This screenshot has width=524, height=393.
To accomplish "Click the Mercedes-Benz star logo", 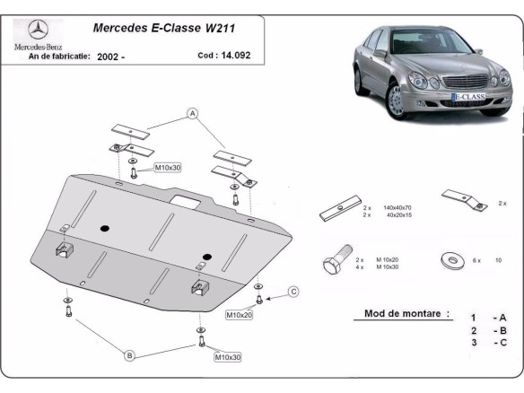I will pyautogui.click(x=35, y=29).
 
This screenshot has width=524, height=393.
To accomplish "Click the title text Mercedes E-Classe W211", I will pyautogui.click(x=164, y=28).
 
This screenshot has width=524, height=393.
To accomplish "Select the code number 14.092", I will pyautogui.click(x=231, y=56).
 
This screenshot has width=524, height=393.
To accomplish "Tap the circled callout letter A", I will pyautogui.click(x=191, y=113).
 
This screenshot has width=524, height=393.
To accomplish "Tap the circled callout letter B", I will pyautogui.click(x=129, y=356).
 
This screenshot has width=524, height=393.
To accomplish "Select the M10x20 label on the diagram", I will pyautogui.click(x=240, y=315).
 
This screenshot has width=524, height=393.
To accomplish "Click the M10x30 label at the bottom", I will pyautogui.click(x=227, y=357).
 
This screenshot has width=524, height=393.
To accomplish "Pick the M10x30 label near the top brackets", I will pyautogui.click(x=168, y=168).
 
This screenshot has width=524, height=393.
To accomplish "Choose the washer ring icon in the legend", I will pyautogui.click(x=449, y=260).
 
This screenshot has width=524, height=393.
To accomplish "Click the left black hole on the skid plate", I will pyautogui.click(x=105, y=225).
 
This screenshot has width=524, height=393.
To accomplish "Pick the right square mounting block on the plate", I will pyautogui.click(x=199, y=288).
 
